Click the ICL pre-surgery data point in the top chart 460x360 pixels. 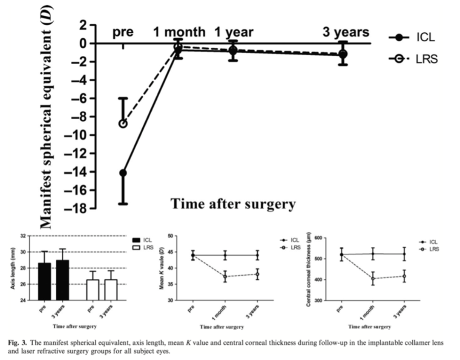point(123,173)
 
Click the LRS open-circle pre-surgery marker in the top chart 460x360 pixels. point(123,123)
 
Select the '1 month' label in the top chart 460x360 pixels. point(179,32)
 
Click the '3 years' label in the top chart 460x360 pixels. point(345,32)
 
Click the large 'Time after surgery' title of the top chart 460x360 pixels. point(233,204)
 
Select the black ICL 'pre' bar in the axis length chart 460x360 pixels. point(44,281)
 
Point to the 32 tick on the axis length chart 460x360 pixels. point(23,236)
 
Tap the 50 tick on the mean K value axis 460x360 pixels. point(170,236)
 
